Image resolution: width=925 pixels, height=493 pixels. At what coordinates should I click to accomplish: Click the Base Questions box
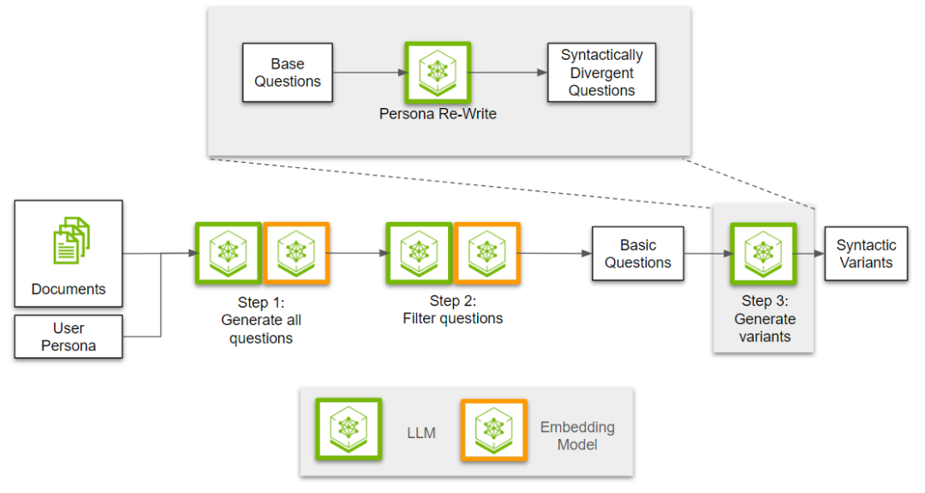click(287, 73)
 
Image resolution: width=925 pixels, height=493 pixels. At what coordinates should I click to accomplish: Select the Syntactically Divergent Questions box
click(601, 73)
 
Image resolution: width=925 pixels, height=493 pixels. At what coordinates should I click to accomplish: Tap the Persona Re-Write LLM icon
click(438, 73)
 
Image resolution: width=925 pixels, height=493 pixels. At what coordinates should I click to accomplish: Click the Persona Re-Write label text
click(438, 114)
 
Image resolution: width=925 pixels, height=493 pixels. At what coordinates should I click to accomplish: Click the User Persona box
click(69, 337)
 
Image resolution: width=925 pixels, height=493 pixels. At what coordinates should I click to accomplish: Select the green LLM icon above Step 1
click(229, 253)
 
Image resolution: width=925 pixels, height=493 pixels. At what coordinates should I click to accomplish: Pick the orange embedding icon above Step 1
click(296, 253)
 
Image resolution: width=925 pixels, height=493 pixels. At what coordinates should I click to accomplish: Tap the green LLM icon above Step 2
click(419, 253)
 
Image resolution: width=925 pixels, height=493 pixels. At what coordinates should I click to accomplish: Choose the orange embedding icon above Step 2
click(486, 253)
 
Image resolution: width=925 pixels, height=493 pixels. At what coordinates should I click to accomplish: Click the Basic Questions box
click(638, 254)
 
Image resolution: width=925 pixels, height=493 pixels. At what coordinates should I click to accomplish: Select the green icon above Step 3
click(763, 254)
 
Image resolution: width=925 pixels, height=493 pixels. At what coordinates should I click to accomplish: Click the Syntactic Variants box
click(866, 254)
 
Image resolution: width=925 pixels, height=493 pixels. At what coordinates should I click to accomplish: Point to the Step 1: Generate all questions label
click(261, 320)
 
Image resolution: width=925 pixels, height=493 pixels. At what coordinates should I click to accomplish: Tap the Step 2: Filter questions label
click(453, 310)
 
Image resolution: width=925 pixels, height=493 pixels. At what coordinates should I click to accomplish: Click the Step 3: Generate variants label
click(765, 319)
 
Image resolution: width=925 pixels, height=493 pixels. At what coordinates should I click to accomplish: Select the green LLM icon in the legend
click(349, 430)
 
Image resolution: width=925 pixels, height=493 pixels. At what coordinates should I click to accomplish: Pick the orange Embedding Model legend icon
click(494, 430)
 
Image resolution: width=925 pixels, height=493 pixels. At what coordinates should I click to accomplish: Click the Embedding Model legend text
click(577, 436)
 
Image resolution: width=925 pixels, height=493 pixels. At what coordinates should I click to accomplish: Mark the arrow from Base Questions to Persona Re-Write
click(371, 73)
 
